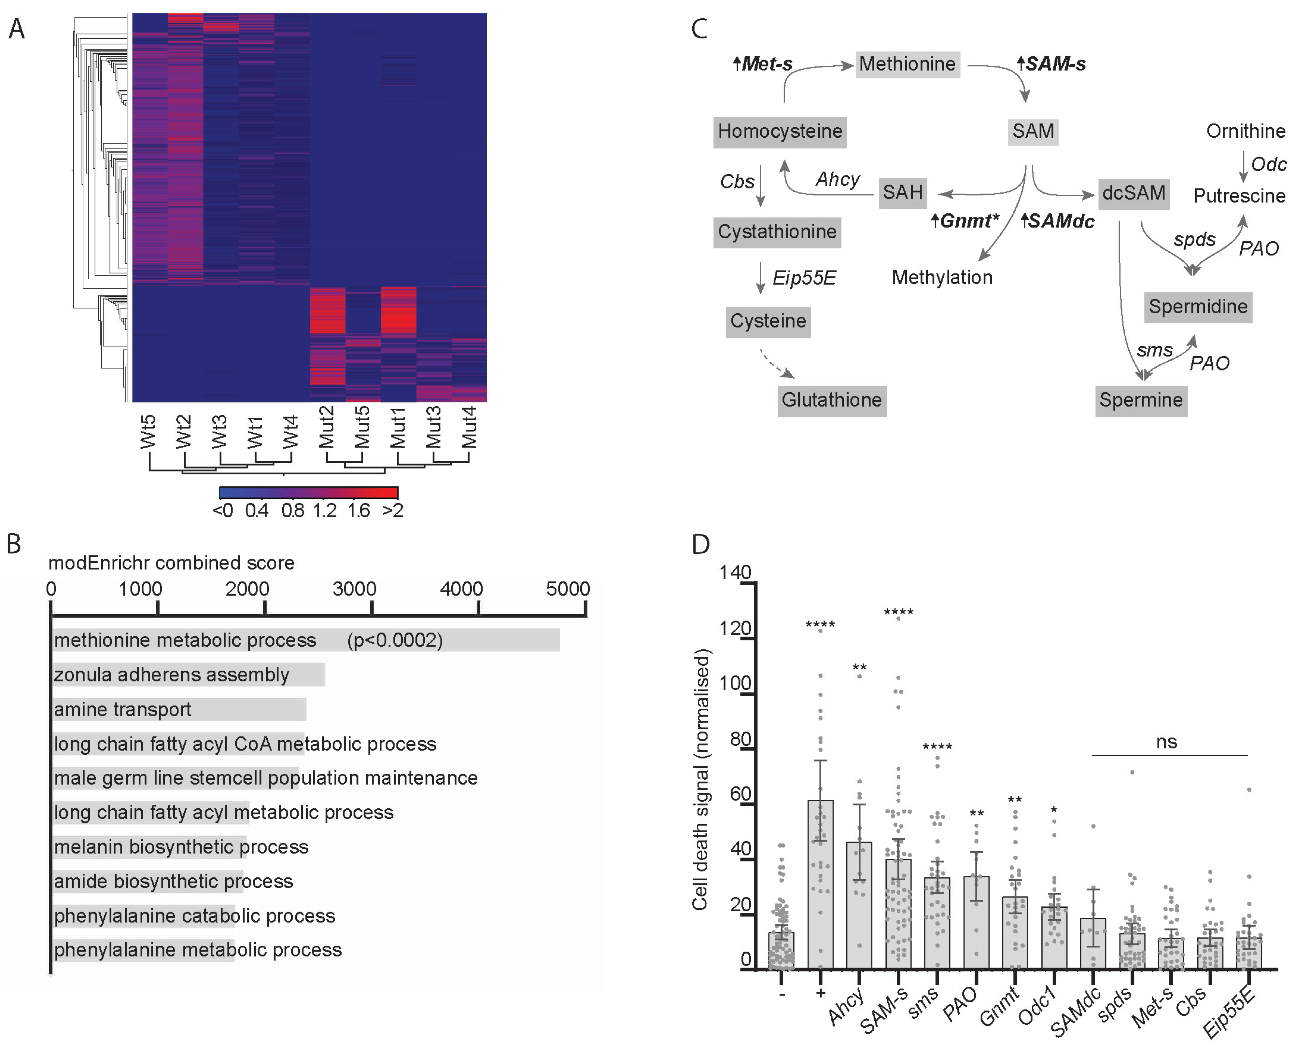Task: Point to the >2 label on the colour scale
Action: (393, 511)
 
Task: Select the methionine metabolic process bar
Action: (306, 640)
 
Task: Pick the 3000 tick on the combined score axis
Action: (355, 589)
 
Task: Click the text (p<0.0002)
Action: (395, 640)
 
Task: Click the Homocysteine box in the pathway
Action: (780, 132)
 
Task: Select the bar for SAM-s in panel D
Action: (898, 914)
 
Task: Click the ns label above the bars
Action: (1166, 742)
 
